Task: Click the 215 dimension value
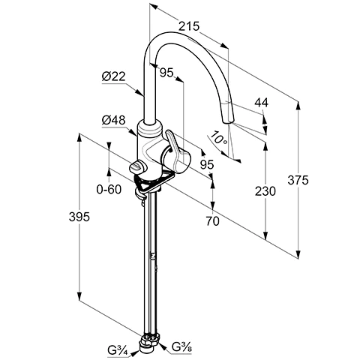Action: pos(189,26)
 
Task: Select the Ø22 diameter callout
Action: pos(113,76)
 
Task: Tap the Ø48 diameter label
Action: pos(113,120)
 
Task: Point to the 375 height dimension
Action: pos(298,180)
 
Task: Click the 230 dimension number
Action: pos(265,191)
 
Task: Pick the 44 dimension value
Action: pos(261,103)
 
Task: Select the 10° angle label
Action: pos(218,139)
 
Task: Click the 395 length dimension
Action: pos(79,217)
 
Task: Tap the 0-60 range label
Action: pos(109,189)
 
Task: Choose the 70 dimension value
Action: pos(212,221)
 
